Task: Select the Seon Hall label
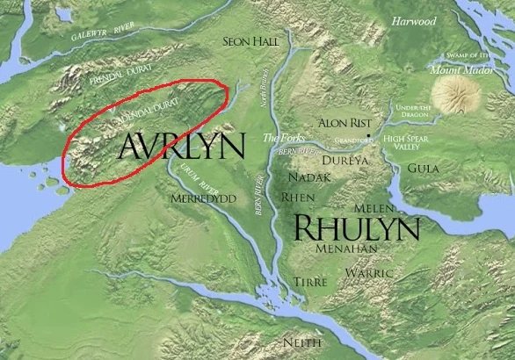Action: [x=251, y=40]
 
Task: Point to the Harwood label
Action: [x=413, y=20]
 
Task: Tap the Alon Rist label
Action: [x=344, y=122]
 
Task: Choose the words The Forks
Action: [x=282, y=138]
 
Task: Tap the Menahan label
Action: [x=349, y=248]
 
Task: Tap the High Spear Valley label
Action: [x=405, y=143]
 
